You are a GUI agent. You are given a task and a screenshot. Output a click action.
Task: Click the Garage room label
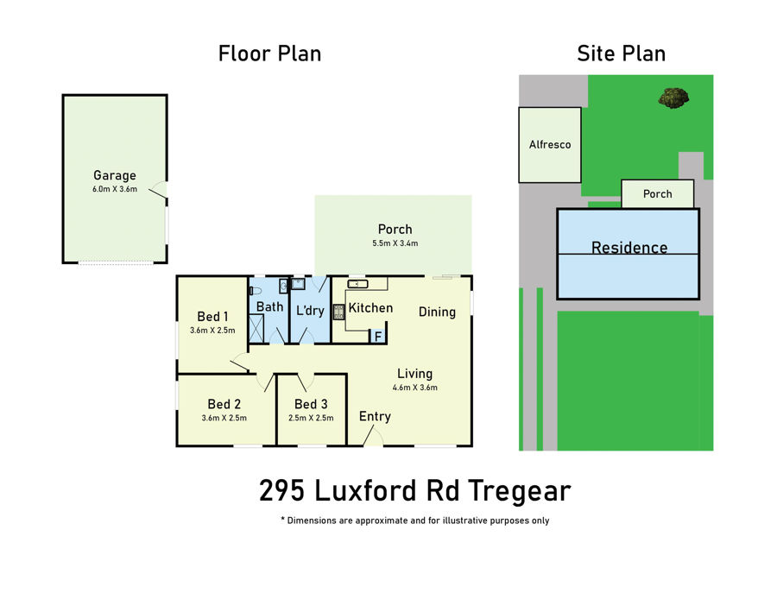[x=115, y=175]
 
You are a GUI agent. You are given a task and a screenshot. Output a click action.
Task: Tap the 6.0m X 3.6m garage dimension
[x=115, y=189]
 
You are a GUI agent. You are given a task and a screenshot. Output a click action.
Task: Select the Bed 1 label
[x=212, y=316]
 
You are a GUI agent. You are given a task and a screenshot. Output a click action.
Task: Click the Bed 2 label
[x=224, y=404]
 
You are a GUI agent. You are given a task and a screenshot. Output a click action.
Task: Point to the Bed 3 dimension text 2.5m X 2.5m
[x=311, y=418]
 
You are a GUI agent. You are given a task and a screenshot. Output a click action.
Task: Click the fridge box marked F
[x=377, y=337]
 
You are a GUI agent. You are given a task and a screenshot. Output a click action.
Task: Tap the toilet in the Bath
[x=255, y=290]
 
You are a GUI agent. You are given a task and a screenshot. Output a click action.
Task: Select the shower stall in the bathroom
[x=256, y=328]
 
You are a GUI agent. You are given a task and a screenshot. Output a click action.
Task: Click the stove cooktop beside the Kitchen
[x=338, y=312]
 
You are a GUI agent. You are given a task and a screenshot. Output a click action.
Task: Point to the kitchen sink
[x=357, y=284]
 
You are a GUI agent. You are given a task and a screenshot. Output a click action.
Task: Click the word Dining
[x=437, y=312]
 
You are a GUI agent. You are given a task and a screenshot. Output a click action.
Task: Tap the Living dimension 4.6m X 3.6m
[x=414, y=388]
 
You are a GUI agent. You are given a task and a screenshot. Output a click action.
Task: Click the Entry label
[x=375, y=417]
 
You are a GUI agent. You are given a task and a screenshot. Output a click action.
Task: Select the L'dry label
[x=310, y=311]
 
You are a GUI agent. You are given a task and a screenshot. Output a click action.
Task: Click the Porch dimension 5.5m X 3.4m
[x=395, y=243]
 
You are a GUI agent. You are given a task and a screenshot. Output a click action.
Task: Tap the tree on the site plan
[x=673, y=97]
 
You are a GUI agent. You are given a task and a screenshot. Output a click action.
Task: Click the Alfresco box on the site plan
[x=550, y=145]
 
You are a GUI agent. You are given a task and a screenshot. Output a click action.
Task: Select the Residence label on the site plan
[x=629, y=247]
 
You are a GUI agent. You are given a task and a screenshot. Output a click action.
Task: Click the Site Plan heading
[x=621, y=54]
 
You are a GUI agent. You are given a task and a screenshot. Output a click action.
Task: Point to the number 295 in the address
[x=282, y=490]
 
